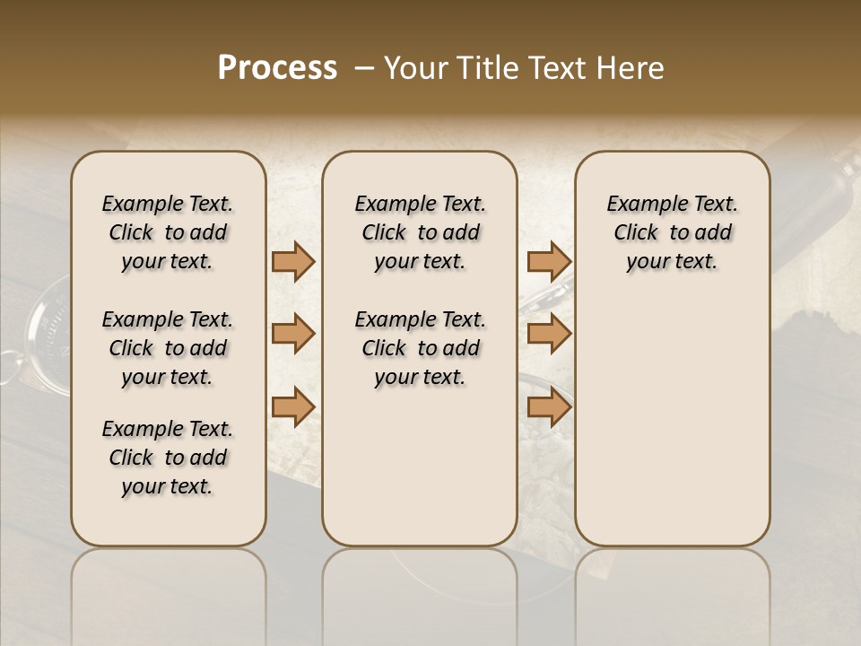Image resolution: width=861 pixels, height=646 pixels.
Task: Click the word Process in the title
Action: (277, 68)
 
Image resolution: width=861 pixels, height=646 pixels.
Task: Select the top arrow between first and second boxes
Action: (292, 262)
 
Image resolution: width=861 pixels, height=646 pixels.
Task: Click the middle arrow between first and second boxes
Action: (292, 334)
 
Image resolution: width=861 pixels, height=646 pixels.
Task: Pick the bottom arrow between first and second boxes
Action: (292, 406)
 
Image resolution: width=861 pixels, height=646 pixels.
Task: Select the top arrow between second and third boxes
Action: (549, 262)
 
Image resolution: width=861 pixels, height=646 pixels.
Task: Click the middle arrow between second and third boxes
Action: (549, 334)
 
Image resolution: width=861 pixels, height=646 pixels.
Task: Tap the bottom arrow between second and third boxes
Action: (549, 406)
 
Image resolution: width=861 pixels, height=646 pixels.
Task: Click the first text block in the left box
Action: (168, 232)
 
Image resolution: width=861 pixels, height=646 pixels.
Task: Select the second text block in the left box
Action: (168, 348)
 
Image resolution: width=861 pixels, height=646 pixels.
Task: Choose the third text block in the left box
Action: (168, 458)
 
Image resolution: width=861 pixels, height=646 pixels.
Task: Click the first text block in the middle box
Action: (420, 232)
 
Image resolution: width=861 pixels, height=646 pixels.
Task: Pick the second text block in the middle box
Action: (420, 348)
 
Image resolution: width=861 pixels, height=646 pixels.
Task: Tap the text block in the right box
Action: (672, 232)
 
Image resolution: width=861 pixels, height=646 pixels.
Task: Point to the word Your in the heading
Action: (413, 68)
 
